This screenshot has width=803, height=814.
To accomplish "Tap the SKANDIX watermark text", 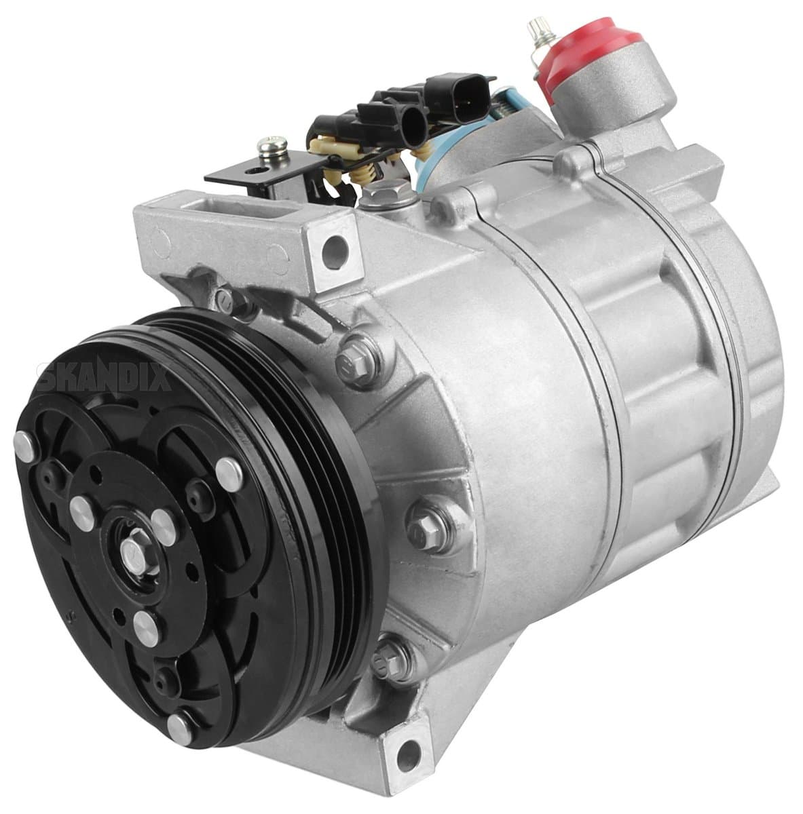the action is coord(105,377).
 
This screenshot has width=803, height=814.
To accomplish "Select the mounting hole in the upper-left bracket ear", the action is coord(335,246).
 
